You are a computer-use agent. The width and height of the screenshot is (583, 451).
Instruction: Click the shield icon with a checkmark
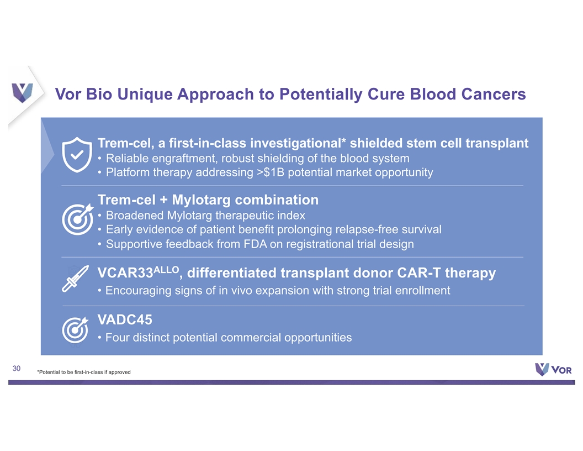pos(77,154)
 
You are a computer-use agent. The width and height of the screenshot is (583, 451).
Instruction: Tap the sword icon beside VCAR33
pos(75,279)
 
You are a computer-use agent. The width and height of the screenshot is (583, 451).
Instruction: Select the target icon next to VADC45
pos(76,330)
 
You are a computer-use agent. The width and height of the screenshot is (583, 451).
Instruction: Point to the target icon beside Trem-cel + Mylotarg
pos(78,219)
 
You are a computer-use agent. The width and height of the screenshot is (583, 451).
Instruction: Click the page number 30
pos(17,369)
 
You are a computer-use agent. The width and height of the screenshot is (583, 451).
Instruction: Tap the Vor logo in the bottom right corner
pos(553,370)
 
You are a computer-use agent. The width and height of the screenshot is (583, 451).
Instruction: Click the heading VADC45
pos(125,319)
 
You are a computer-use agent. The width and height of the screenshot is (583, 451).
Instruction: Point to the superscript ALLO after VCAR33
pos(166,270)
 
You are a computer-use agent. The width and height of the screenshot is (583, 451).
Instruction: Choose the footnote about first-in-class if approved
pos(84,372)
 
